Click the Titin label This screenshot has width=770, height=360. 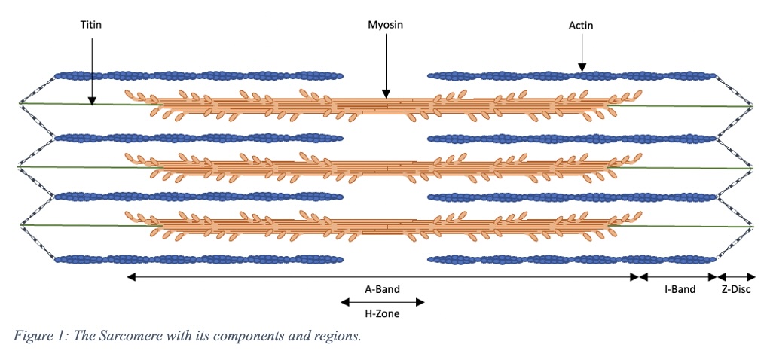coord(90,25)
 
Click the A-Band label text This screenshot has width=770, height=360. coord(382,289)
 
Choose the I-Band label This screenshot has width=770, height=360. coord(678,289)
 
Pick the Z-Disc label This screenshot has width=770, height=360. coord(735,289)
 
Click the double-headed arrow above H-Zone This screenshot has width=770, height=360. coord(382,302)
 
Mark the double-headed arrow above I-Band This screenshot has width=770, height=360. coord(678,277)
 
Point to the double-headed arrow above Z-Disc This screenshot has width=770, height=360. coord(735,277)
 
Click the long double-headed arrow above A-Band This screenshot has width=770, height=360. coord(382,277)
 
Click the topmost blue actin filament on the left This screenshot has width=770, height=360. coord(198,76)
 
